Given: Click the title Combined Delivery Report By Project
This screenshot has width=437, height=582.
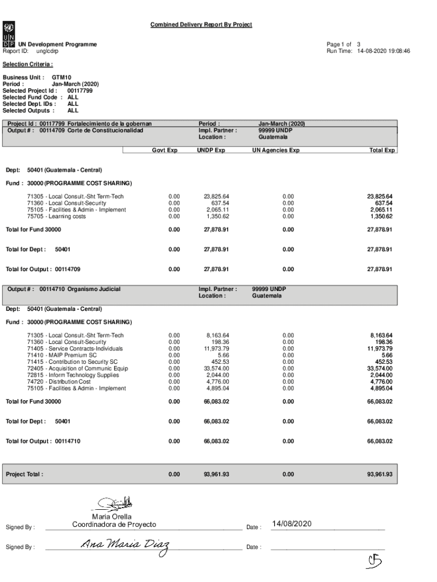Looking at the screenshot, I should pyautogui.click(x=201, y=24).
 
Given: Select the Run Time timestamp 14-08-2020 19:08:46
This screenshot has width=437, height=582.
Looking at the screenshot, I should pyautogui.click(x=384, y=51).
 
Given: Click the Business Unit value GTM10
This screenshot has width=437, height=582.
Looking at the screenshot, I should pyautogui.click(x=61, y=77).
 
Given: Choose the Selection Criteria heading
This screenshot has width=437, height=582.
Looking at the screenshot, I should pyautogui.click(x=28, y=64).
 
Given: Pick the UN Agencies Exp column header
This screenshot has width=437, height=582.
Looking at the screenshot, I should pyautogui.click(x=276, y=151).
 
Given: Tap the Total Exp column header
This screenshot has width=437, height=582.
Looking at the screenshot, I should pyautogui.click(x=381, y=151).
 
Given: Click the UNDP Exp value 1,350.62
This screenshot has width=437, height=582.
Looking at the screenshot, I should pyautogui.click(x=216, y=217).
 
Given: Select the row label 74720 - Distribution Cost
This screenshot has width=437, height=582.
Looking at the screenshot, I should pyautogui.click(x=58, y=382).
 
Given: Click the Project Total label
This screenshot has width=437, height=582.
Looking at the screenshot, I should pyautogui.click(x=24, y=473).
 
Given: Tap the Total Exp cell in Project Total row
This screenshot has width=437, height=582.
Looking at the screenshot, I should pyautogui.click(x=380, y=473).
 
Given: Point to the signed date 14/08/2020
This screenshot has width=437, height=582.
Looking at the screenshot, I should pyautogui.click(x=292, y=523).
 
